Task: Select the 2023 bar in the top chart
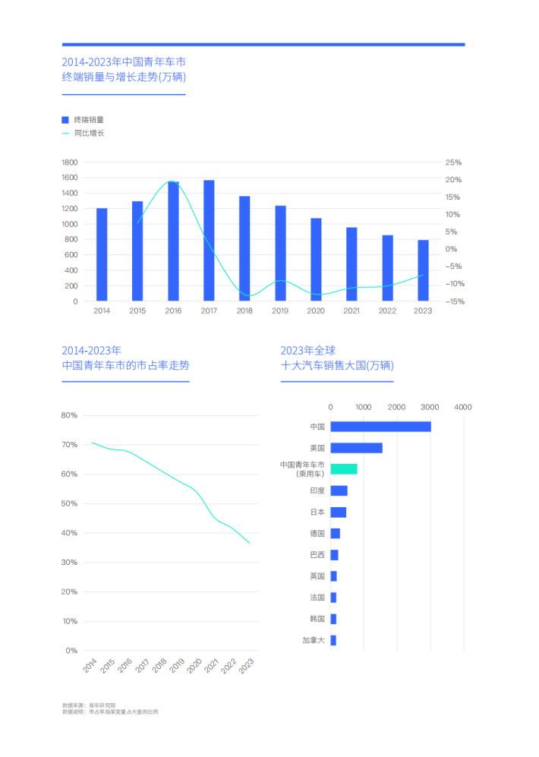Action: (423, 270)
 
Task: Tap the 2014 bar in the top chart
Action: (102, 254)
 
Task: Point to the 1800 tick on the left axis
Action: (70, 162)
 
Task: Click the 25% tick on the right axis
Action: (453, 162)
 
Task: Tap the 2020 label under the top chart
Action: (316, 311)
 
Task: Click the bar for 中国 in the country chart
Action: (380, 427)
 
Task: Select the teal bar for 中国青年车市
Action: (344, 469)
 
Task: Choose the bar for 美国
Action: (356, 448)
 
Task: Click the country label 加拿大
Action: (313, 641)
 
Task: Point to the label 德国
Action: (317, 534)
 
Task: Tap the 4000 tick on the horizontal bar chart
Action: (463, 408)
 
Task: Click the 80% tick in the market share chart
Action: (70, 415)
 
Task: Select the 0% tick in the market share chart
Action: (71, 651)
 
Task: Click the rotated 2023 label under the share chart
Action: (247, 666)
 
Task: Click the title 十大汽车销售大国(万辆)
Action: (337, 366)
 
